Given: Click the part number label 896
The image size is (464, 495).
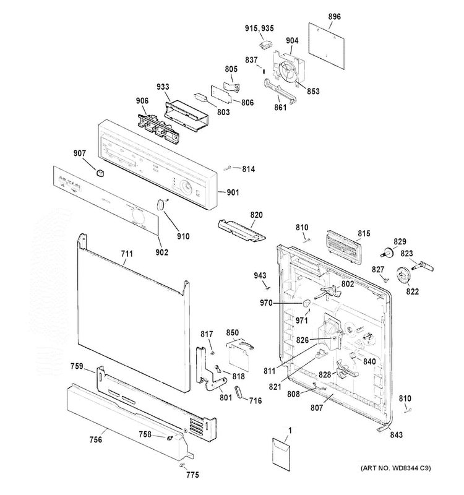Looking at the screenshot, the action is click(x=334, y=17).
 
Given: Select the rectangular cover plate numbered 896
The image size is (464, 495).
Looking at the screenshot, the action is click(x=327, y=46).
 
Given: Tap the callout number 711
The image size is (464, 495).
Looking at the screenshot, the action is click(x=127, y=254).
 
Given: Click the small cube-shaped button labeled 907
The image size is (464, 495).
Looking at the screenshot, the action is click(x=100, y=174).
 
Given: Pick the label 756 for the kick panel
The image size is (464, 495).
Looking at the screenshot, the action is click(x=96, y=439).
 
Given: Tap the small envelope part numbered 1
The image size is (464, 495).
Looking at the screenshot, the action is click(x=281, y=455).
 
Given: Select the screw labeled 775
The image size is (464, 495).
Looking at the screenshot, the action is click(x=181, y=465).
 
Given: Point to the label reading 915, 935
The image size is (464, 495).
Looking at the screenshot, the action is click(x=259, y=28).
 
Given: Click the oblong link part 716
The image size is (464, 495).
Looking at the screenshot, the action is click(x=239, y=392).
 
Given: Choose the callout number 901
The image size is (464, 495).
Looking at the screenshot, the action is click(x=233, y=192).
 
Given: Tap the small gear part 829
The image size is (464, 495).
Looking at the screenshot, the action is click(x=387, y=252).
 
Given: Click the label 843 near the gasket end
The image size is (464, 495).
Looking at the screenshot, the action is click(x=396, y=435).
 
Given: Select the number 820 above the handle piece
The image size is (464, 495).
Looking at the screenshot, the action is click(x=256, y=215).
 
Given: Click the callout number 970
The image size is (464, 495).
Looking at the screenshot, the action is click(x=266, y=303).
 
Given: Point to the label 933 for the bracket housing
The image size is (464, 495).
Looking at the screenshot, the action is click(x=163, y=87).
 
